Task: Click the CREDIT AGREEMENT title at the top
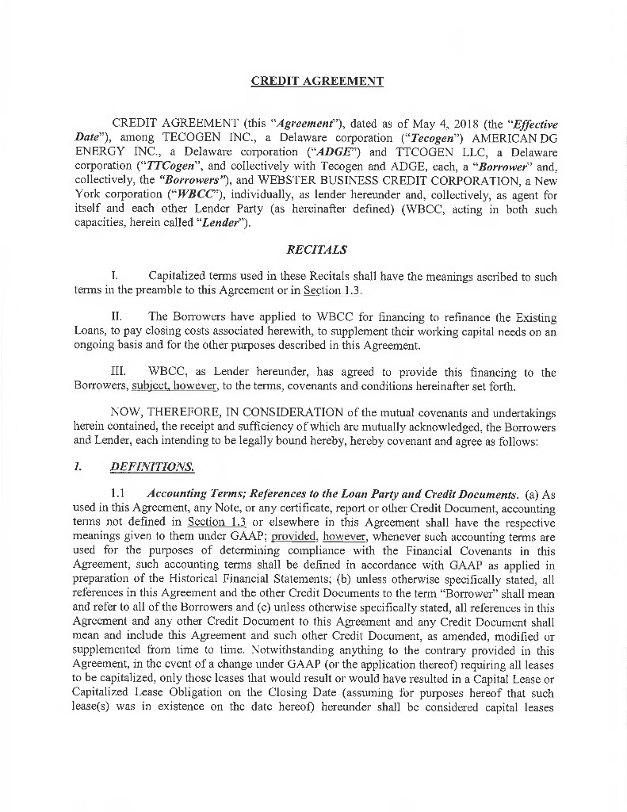coord(317,81)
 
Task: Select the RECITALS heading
coord(316,251)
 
